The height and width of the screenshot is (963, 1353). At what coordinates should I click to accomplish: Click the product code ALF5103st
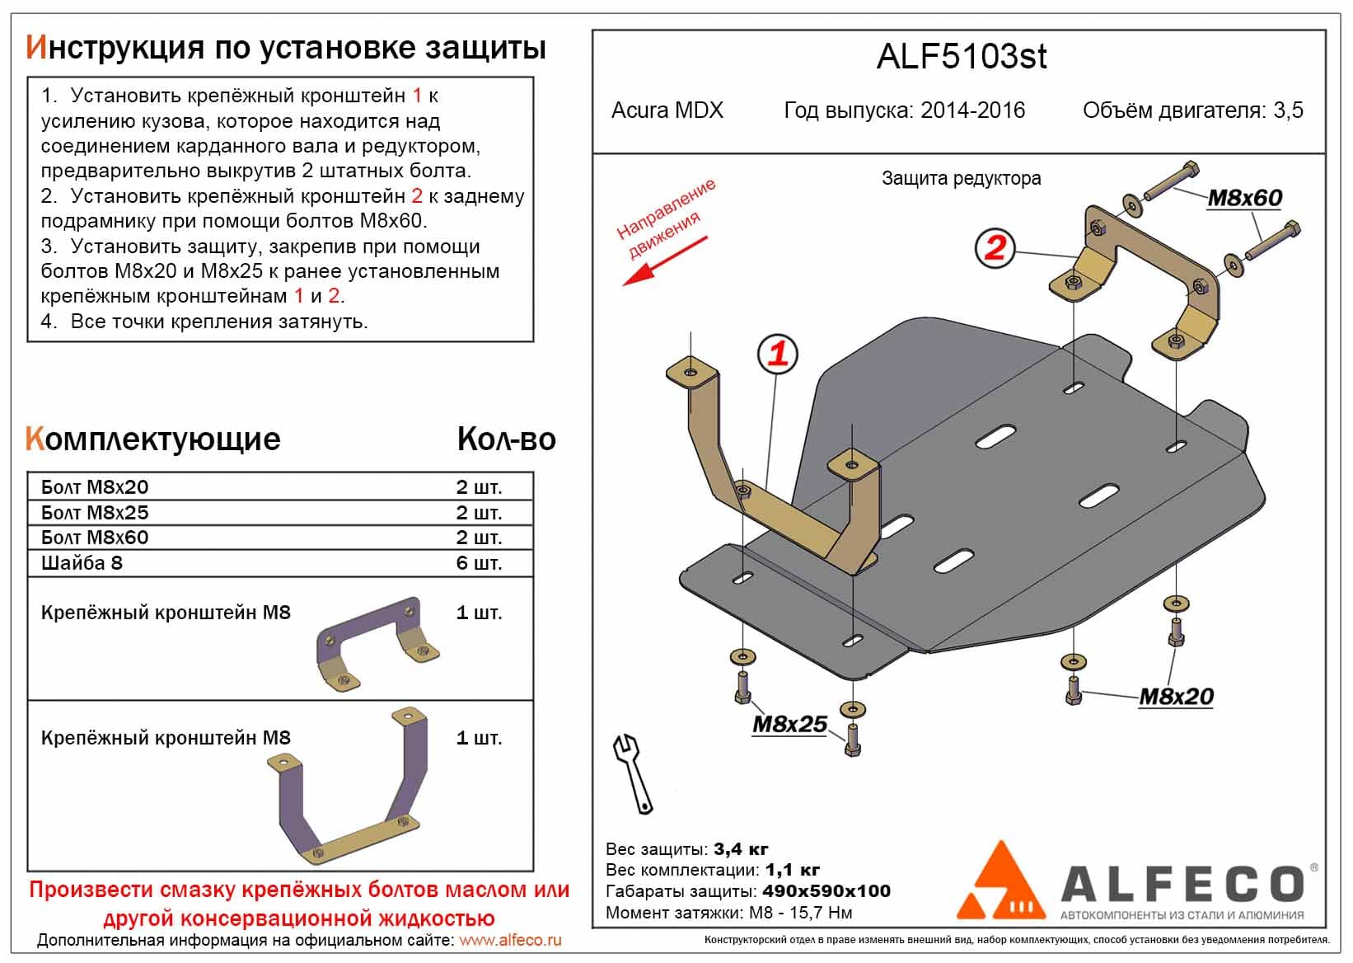(x=961, y=56)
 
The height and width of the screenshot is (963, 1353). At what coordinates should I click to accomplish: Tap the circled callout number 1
(x=778, y=355)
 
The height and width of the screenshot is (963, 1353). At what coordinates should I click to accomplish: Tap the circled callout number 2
(x=995, y=247)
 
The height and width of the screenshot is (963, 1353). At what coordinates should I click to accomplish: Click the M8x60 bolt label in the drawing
(x=1244, y=198)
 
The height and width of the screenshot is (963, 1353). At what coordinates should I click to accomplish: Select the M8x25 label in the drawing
(x=789, y=724)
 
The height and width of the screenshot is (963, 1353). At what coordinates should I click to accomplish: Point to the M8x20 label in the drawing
(x=1176, y=697)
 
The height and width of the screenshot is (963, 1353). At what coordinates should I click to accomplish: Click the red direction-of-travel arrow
(x=664, y=261)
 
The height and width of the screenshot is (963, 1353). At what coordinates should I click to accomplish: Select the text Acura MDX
(x=667, y=110)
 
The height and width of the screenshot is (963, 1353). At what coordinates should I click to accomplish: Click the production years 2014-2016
(x=972, y=110)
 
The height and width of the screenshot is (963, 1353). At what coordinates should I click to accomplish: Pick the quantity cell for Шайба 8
(x=479, y=563)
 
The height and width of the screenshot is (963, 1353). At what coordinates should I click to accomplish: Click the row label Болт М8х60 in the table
(x=95, y=538)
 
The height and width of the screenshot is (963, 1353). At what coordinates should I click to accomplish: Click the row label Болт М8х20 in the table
(x=95, y=487)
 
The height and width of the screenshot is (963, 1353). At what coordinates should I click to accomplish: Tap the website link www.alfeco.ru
(x=510, y=940)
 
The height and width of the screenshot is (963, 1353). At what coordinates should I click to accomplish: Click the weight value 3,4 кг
(x=741, y=849)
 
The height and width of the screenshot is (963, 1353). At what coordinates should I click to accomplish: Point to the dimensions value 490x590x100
(x=826, y=891)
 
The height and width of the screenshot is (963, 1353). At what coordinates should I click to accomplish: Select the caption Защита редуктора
(x=961, y=178)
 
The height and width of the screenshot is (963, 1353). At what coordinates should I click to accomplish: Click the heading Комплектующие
(x=153, y=439)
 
